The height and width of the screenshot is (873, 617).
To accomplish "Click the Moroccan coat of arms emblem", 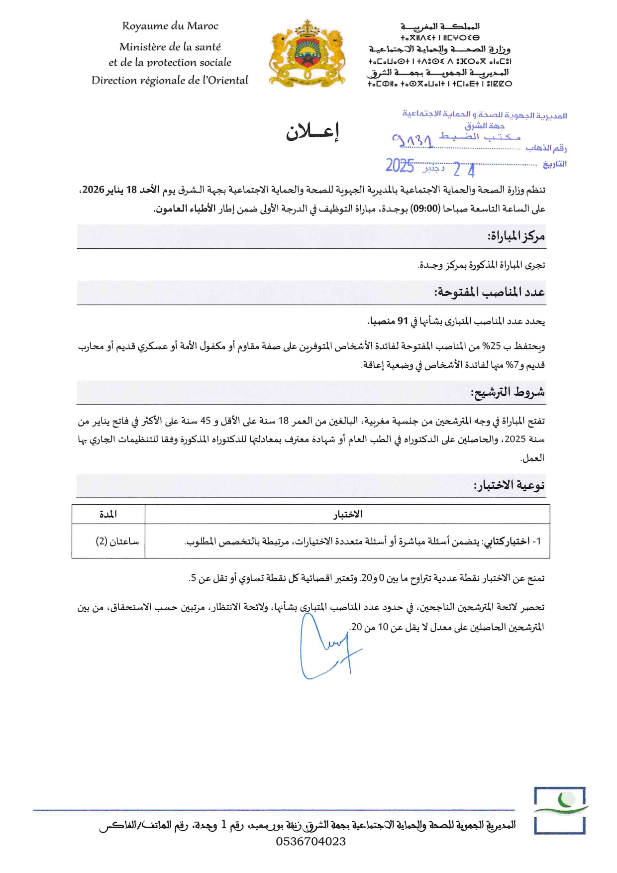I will tap(307, 54).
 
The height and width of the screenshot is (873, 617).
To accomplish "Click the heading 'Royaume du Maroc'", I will tap(170, 26).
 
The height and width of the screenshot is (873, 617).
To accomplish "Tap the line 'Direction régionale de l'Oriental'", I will tap(170, 80).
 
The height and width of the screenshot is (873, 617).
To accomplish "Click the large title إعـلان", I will tap(312, 132).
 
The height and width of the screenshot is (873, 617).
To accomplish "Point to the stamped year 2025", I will tap(400, 166).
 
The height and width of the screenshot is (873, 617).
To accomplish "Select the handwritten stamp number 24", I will tap(464, 170).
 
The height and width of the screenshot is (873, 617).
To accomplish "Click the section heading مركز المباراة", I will tap(516, 236).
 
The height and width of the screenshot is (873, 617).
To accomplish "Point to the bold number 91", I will tap(402, 322).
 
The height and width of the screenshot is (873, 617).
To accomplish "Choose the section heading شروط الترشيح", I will tap(508, 393).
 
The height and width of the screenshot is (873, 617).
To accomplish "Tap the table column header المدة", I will tap(108, 514).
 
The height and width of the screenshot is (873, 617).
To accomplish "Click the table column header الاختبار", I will tap(347, 514).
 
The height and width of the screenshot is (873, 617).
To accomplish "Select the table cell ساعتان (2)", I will tap(117, 541).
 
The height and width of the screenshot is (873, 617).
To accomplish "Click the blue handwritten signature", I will tap(326, 647).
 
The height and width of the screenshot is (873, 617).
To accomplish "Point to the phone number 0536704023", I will tap(311, 841).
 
